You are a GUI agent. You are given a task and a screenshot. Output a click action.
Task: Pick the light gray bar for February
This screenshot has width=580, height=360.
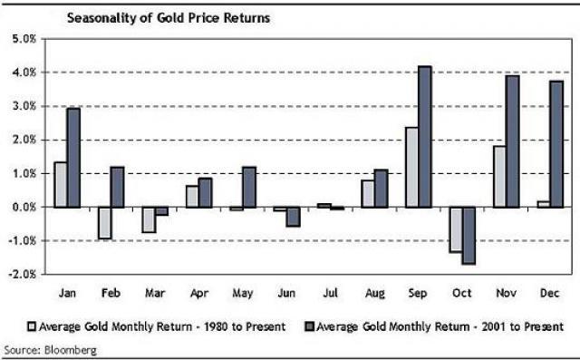point(105,223)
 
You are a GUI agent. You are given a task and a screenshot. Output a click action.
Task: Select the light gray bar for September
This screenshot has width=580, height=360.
point(412,168)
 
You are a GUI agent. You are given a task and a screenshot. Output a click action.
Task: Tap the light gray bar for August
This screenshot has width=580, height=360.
point(366,194)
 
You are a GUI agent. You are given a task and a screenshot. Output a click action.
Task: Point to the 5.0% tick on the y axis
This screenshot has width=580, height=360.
point(23,39)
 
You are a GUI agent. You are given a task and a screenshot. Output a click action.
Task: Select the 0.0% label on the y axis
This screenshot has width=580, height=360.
point(23,207)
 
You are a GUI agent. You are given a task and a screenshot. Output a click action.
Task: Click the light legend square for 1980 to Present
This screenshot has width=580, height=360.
point(31,326)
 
